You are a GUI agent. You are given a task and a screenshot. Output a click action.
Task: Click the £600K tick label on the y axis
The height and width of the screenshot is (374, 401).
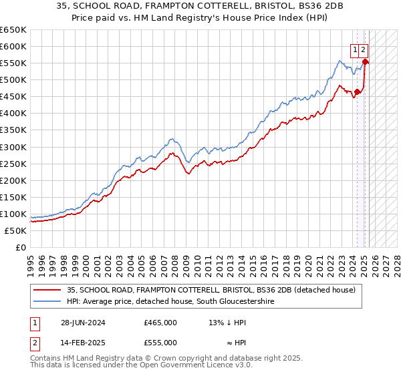(x=13, y=46)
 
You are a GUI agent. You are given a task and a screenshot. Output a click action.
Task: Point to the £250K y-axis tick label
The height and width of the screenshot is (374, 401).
(x=13, y=164)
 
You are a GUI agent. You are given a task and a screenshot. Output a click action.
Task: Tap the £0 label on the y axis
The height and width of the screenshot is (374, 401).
(x=20, y=247)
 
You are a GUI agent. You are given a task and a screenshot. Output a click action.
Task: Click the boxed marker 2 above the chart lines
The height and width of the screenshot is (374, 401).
(x=363, y=49)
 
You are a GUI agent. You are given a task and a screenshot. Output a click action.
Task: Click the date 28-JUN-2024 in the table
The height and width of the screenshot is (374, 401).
(x=82, y=323)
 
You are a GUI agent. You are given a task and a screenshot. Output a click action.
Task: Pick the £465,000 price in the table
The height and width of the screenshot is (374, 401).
(x=160, y=323)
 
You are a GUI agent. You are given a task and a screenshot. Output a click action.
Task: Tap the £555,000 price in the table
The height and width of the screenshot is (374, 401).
(x=160, y=343)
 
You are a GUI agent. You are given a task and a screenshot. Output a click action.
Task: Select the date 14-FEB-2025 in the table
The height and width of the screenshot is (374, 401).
(x=82, y=343)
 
